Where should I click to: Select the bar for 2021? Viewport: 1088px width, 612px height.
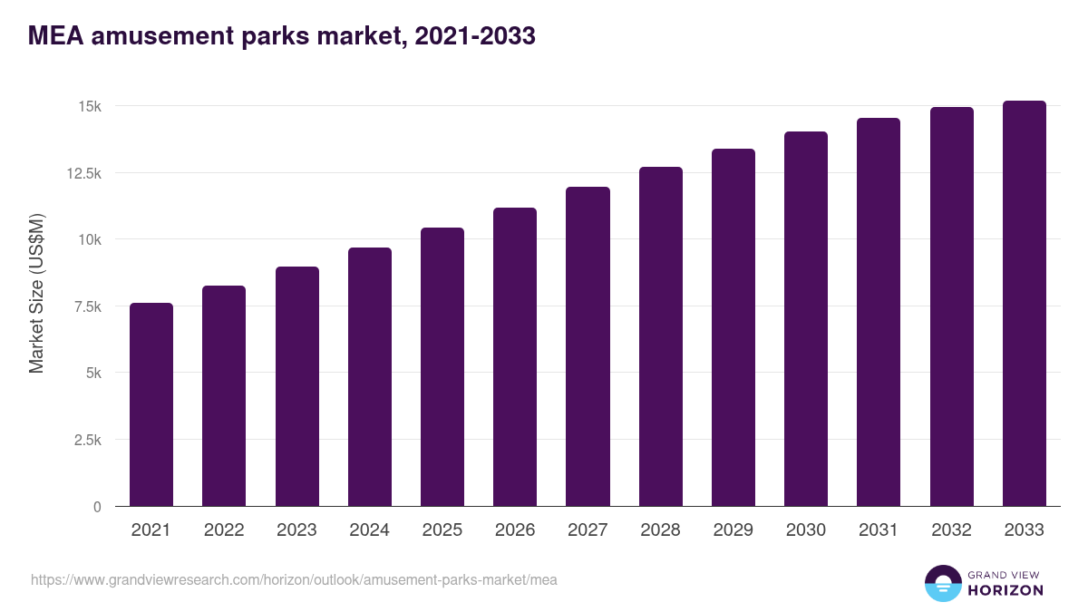coord(151,404)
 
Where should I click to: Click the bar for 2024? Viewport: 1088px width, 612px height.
coord(369,377)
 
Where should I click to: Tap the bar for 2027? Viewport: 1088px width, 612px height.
coord(588,346)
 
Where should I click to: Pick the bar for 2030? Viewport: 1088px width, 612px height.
coord(806,319)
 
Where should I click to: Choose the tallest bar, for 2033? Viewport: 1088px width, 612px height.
coord(1024,304)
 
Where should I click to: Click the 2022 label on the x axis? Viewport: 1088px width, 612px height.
coord(224,530)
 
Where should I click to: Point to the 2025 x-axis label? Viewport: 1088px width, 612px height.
coord(442,530)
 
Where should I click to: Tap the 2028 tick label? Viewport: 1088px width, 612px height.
coord(660,530)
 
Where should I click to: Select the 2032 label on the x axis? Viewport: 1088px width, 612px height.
coord(951,530)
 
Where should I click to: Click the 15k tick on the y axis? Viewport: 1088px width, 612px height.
coord(89,106)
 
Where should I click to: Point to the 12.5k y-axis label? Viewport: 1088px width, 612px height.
coord(83,173)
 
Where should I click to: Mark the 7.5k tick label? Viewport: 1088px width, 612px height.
coord(86,306)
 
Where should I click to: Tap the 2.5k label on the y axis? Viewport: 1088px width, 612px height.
coord(86,440)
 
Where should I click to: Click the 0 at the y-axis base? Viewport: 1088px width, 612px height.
coord(97,507)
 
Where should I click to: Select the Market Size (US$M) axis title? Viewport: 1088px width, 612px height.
coord(36,293)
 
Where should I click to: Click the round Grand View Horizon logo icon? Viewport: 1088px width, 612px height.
coord(942,583)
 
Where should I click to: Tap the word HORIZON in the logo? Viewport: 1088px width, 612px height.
coord(1005,590)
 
